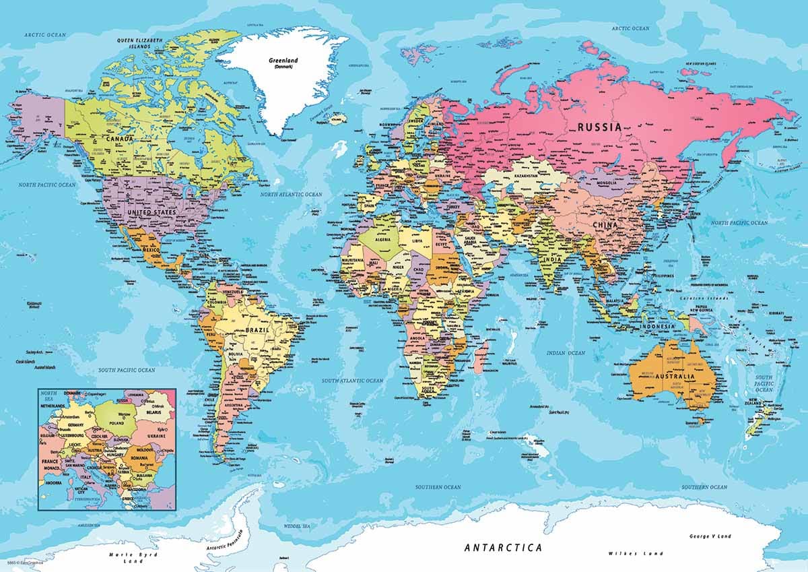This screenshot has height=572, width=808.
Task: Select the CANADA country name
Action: pyautogui.click(x=119, y=139)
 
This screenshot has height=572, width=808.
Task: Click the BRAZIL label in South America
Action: pyautogui.click(x=258, y=331)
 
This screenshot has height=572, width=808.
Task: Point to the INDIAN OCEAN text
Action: pyautogui.click(x=566, y=352)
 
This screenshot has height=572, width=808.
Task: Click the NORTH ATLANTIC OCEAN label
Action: pyautogui.click(x=292, y=194)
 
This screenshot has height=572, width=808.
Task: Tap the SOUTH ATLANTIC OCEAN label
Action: pyautogui.click(x=352, y=381)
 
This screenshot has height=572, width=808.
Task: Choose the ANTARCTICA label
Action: pyautogui.click(x=503, y=548)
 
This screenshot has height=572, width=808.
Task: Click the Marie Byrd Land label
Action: pyautogui.click(x=127, y=557)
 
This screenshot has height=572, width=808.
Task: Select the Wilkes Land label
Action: pyautogui.click(x=626, y=553)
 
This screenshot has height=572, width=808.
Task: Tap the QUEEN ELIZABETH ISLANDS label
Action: pyautogui.click(x=139, y=43)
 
